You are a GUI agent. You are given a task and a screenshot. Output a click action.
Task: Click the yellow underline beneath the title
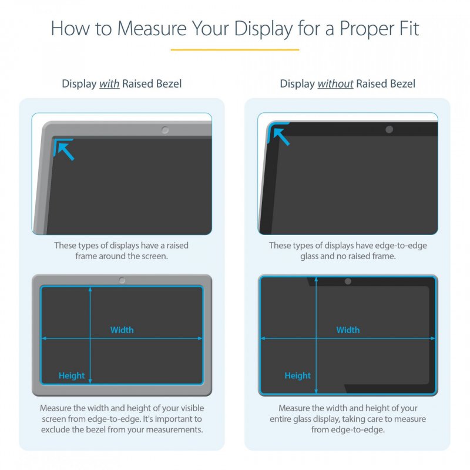[235, 50]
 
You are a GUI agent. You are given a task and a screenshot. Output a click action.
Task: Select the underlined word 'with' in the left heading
[109, 84]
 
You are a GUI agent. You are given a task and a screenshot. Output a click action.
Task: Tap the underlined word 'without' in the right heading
[335, 84]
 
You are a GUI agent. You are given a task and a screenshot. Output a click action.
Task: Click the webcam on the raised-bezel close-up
[165, 130]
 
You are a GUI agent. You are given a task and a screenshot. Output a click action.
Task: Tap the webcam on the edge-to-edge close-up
[389, 129]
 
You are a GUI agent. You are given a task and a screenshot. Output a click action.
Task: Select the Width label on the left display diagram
[122, 330]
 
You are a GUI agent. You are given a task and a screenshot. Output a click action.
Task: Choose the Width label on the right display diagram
[348, 330]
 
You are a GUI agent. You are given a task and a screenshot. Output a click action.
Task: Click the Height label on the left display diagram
[72, 376]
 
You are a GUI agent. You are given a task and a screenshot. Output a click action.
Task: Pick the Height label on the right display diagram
[298, 376]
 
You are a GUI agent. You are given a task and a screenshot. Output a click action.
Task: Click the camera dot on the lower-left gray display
[122, 281]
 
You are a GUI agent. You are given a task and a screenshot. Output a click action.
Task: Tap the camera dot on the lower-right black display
[348, 281]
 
